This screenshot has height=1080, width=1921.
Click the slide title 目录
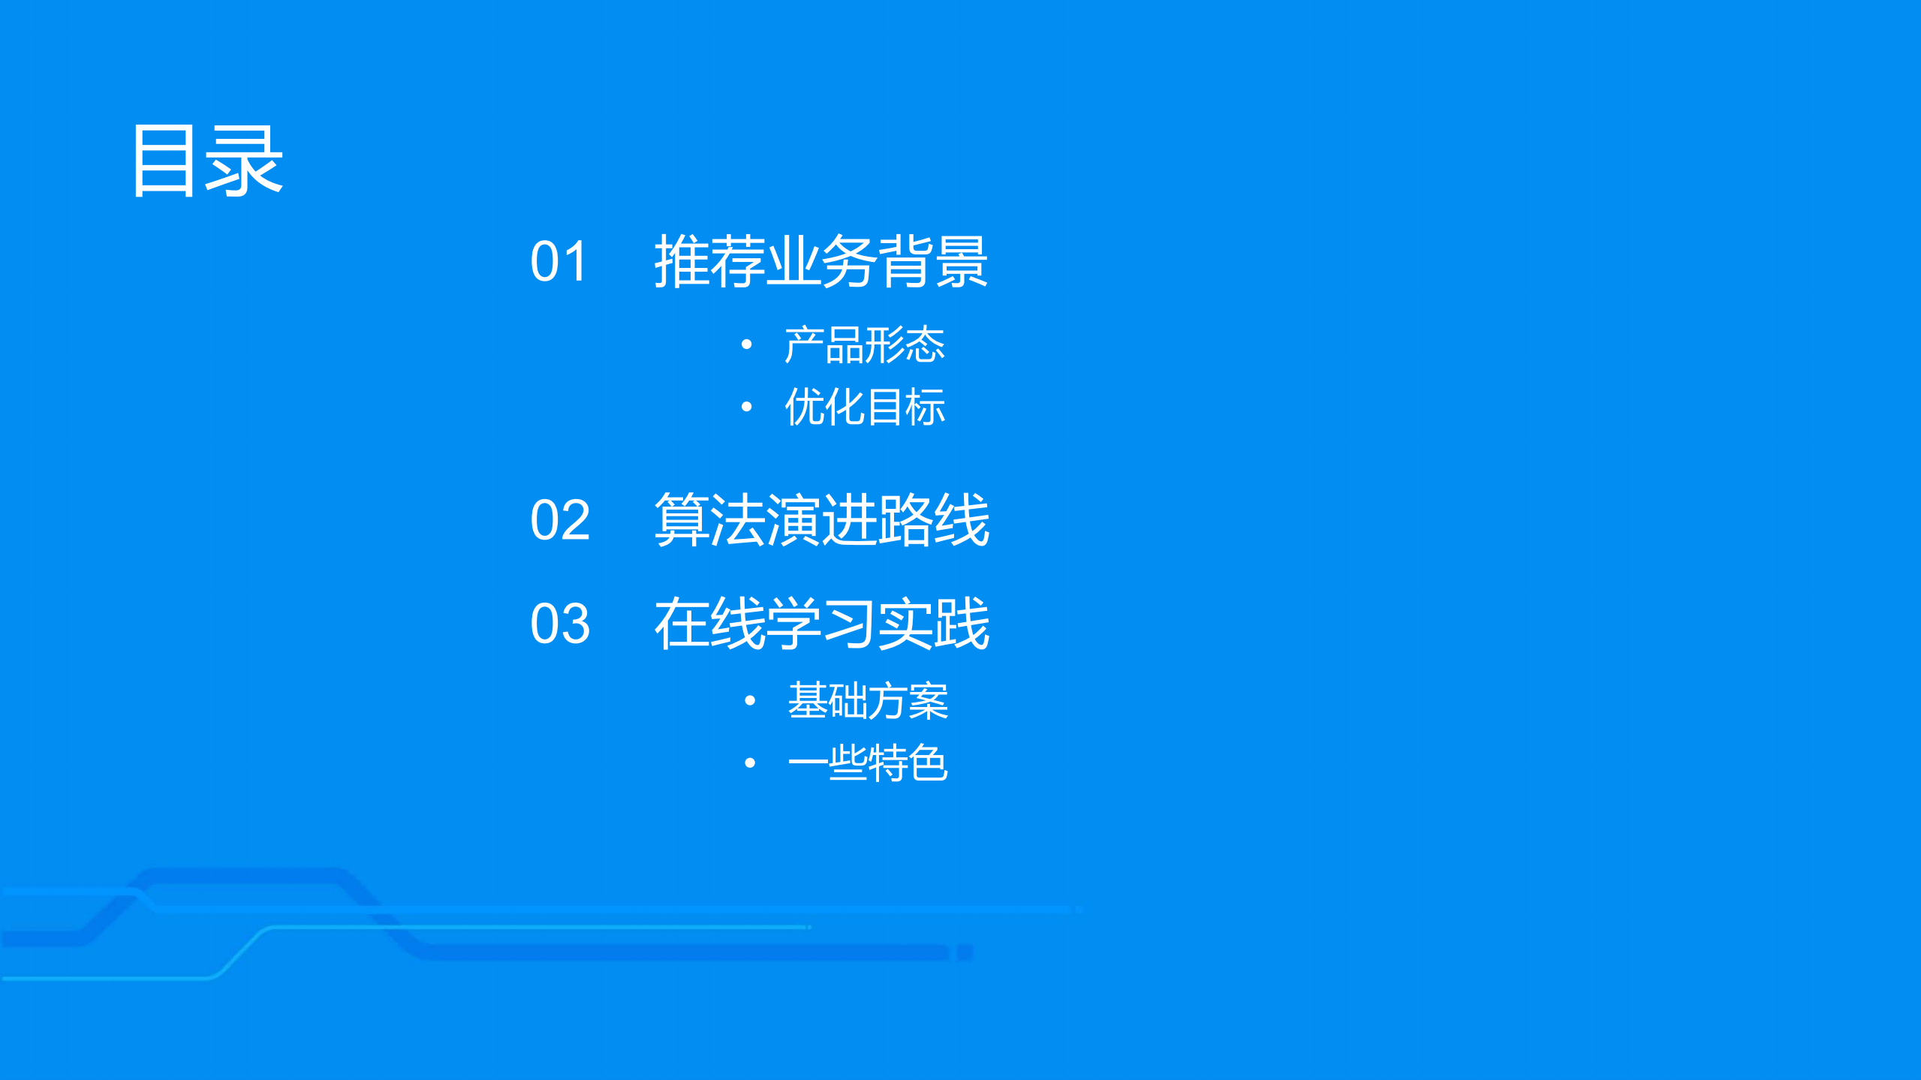click(x=206, y=161)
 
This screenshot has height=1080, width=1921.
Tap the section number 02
click(x=560, y=519)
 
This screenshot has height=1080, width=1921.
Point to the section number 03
click(x=560, y=623)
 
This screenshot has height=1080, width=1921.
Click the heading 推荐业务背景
click(x=820, y=261)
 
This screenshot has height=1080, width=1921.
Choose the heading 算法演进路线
click(x=821, y=519)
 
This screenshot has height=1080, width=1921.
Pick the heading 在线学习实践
click(x=821, y=623)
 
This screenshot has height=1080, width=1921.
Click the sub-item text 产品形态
click(x=864, y=345)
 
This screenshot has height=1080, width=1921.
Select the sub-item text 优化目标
click(x=864, y=407)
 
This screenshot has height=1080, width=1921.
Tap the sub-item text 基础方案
click(x=868, y=701)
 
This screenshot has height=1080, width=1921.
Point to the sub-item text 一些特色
click(x=868, y=763)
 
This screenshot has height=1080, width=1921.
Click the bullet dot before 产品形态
click(x=746, y=344)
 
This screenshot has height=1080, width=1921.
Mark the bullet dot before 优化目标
click(x=746, y=407)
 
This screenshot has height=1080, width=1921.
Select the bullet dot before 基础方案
click(x=749, y=701)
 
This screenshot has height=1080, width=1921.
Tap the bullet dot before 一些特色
click(x=749, y=763)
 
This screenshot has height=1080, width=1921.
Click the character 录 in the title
click(x=244, y=161)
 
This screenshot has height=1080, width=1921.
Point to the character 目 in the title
click(x=164, y=161)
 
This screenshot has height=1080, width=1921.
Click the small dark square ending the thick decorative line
click(x=965, y=952)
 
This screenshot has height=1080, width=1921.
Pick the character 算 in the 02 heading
click(x=682, y=519)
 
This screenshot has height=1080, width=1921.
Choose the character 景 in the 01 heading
click(x=962, y=261)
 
